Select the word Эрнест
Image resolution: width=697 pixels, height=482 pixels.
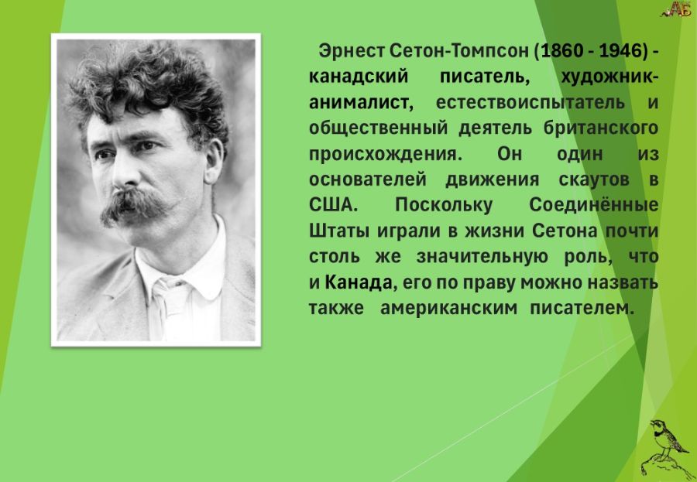[x=351, y=51]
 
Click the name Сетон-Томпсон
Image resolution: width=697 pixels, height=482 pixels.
[x=459, y=51]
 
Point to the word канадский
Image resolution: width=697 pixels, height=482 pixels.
[x=359, y=77]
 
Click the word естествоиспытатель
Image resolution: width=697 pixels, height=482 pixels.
[x=530, y=103]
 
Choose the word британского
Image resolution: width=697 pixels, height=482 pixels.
[x=600, y=128]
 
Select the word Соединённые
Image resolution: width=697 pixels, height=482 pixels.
[x=593, y=205]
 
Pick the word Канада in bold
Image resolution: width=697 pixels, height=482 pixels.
[x=359, y=282]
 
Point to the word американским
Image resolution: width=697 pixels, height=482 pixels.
[x=448, y=308]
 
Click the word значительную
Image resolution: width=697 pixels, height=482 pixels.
[x=482, y=257]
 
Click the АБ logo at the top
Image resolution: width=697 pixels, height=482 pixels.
[x=677, y=9]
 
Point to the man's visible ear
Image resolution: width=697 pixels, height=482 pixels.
[x=212, y=161]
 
